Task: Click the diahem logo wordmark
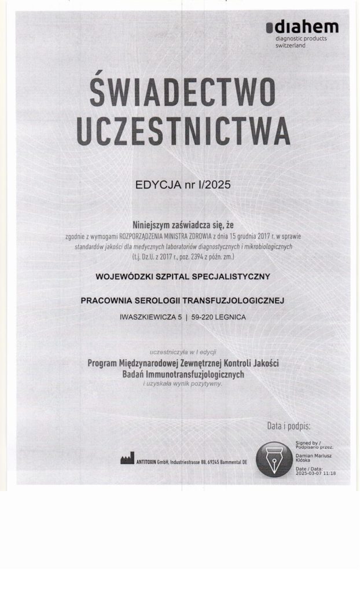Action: click(303, 27)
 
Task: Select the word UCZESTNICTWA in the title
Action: click(183, 130)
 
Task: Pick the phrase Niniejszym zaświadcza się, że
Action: click(182, 226)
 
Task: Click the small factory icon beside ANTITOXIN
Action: click(126, 460)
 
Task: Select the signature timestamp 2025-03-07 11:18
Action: click(316, 473)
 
